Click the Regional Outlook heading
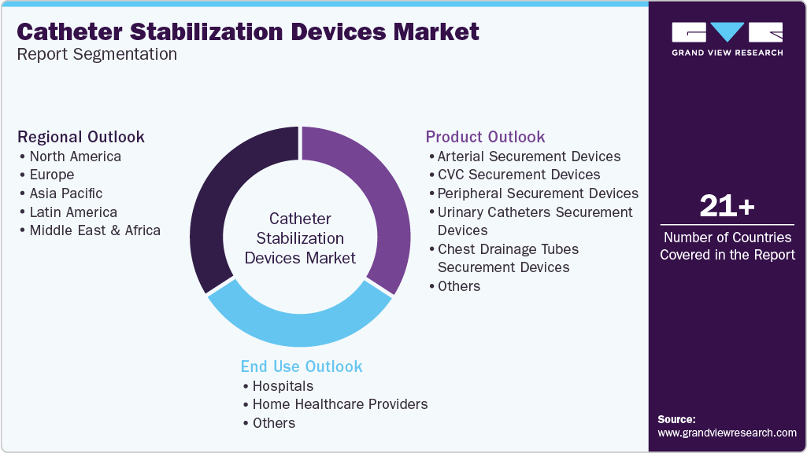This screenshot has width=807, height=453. (81, 137)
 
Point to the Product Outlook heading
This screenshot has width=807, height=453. (485, 137)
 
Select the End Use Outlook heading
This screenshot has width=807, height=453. (302, 366)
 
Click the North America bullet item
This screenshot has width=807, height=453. (75, 157)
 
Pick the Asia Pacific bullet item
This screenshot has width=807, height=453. (65, 193)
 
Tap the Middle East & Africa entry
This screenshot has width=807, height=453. (94, 230)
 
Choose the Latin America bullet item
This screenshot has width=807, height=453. (72, 212)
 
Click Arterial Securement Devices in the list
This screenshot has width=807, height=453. (528, 157)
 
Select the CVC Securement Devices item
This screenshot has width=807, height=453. (518, 175)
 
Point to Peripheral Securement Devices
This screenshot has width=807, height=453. (537, 193)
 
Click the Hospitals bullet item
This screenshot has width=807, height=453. (282, 386)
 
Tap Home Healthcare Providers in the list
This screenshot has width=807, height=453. (339, 404)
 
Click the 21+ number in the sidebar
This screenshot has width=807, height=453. (727, 207)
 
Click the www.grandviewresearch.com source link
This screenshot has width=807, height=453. (727, 433)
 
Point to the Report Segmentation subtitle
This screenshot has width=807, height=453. (97, 54)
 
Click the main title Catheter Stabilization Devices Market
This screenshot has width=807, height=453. (248, 31)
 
